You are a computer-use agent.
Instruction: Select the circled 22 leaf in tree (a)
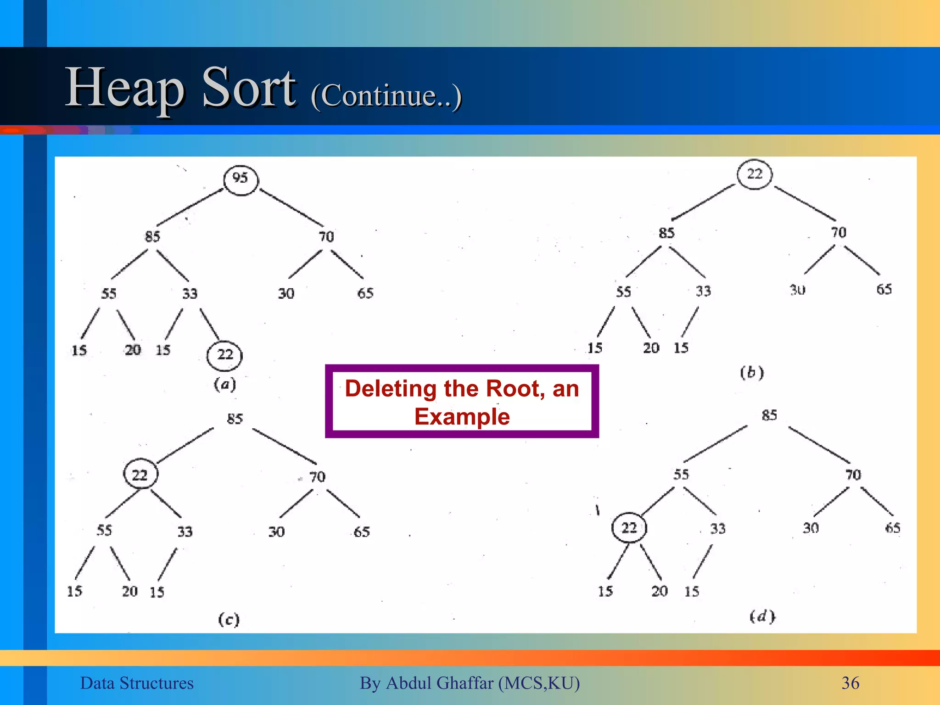224,355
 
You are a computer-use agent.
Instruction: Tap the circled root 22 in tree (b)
755,174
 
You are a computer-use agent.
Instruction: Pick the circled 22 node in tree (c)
140,474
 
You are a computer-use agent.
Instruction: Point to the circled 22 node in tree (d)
629,528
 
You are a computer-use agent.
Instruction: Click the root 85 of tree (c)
235,419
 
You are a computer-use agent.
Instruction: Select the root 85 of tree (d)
769,415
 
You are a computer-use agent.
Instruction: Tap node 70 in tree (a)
326,237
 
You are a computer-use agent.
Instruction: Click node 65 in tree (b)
884,290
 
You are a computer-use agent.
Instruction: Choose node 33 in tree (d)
718,529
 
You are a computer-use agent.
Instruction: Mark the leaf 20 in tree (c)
130,591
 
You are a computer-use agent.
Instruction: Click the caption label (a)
225,384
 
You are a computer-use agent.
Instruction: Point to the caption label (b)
752,372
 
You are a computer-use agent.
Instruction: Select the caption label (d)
762,616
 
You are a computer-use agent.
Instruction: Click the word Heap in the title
125,88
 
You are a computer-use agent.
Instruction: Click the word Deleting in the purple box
391,389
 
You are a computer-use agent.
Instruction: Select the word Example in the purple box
462,417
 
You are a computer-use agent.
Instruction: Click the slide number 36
850,683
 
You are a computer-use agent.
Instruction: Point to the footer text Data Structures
137,683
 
